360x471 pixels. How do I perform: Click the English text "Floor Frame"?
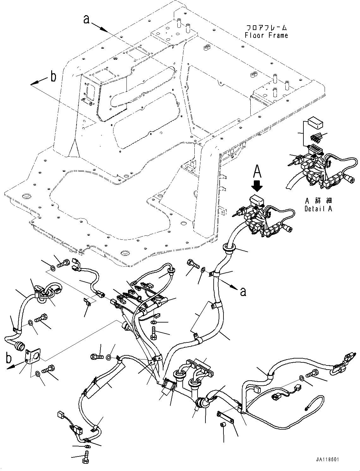pyautogui.click(x=266, y=35)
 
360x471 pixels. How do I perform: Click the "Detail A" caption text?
pyautogui.click(x=318, y=209)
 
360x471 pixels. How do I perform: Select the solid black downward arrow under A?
pyautogui.click(x=258, y=186)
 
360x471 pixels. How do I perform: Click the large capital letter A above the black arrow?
pyautogui.click(x=258, y=172)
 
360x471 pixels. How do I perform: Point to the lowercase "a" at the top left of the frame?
pyautogui.click(x=86, y=19)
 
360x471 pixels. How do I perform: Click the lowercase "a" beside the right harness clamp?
pyautogui.click(x=243, y=291)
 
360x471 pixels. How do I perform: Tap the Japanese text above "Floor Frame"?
pyautogui.click(x=266, y=27)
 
